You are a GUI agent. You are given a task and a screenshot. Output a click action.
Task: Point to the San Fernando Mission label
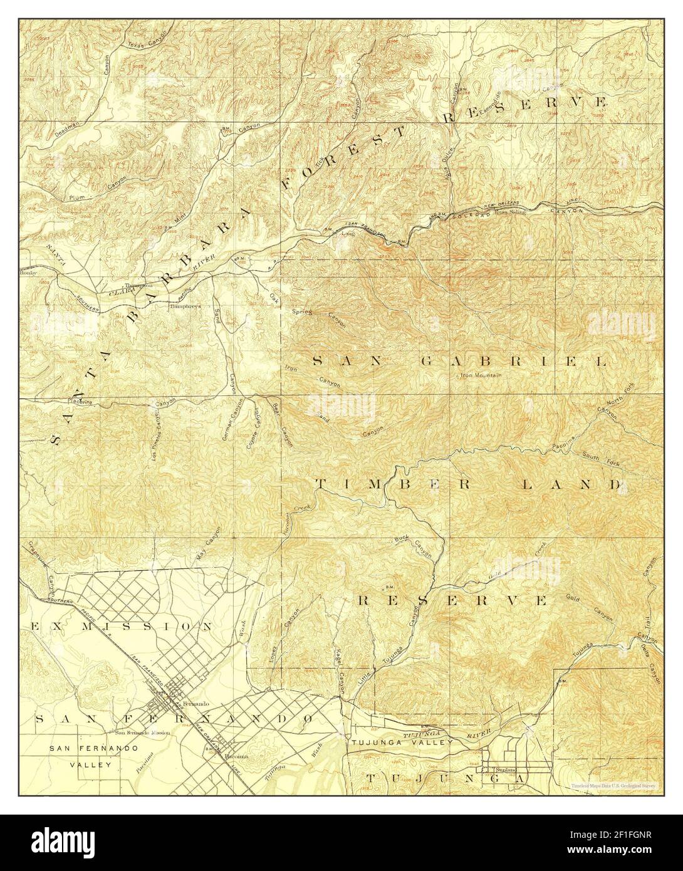(x=142, y=733)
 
